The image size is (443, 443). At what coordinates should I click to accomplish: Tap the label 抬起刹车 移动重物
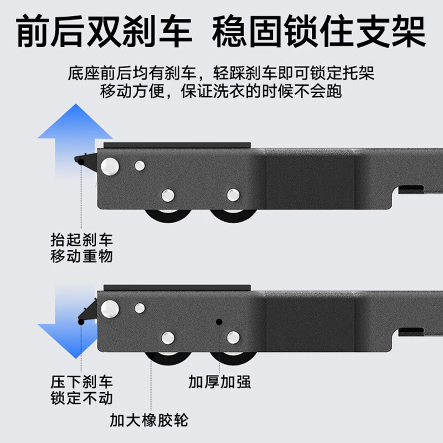tap(81, 248)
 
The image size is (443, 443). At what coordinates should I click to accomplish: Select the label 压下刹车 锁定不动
tap(81, 390)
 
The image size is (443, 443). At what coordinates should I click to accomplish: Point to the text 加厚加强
tap(219, 382)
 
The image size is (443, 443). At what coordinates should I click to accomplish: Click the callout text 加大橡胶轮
tap(148, 420)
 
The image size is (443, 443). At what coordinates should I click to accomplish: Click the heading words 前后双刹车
tap(105, 32)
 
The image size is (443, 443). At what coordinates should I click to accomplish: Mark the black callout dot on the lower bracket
tap(219, 321)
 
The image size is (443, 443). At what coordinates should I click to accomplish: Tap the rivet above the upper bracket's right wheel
tap(233, 194)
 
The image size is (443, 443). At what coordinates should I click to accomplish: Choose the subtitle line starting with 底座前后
tap(221, 73)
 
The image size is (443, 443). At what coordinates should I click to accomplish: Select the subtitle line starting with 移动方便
tap(221, 91)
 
